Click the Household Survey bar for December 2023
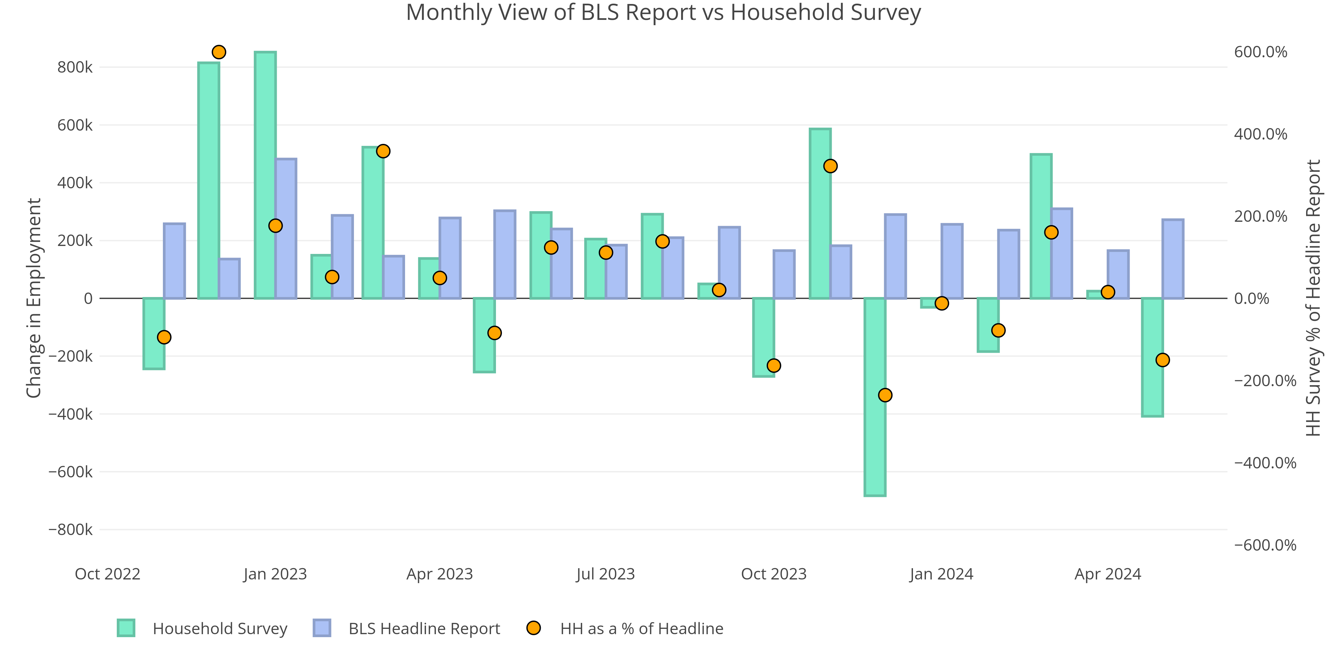pyautogui.click(x=875, y=396)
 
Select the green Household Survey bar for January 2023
pyautogui.click(x=265, y=175)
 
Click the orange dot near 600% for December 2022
pyautogui.click(x=219, y=52)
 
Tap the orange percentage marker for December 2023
pyautogui.click(x=885, y=395)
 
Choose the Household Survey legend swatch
pyautogui.click(x=126, y=628)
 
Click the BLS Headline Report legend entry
pyautogui.click(x=424, y=629)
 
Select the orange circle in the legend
pyautogui.click(x=533, y=628)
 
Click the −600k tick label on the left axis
pyautogui.click(x=71, y=471)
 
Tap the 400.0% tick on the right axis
pyautogui.click(x=1260, y=134)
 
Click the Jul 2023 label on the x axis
pyautogui.click(x=605, y=574)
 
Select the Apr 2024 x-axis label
pyautogui.click(x=1108, y=574)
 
